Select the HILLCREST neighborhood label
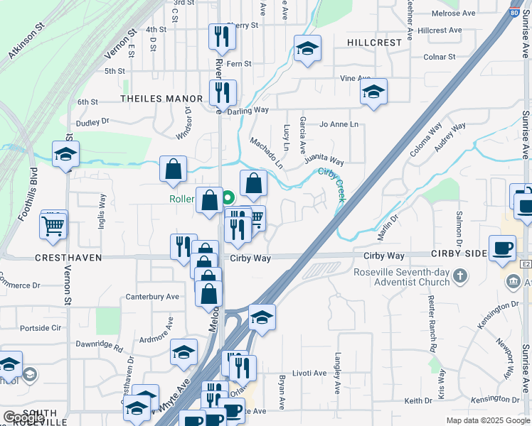[375, 43]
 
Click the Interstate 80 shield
[514, 11]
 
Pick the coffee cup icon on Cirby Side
[503, 248]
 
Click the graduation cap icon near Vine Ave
[373, 92]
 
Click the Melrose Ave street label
[458, 13]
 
